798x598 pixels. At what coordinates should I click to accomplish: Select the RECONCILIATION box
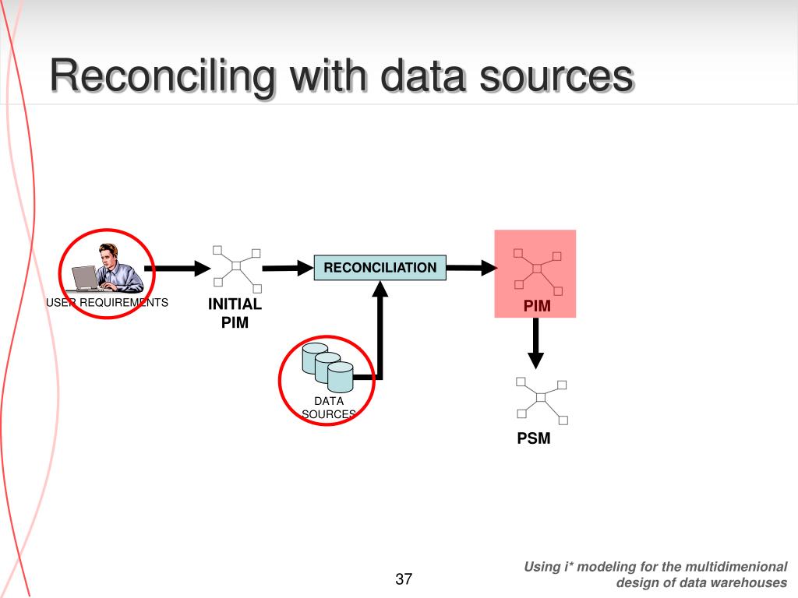[380, 268]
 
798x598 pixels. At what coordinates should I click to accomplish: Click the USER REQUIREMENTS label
[107, 302]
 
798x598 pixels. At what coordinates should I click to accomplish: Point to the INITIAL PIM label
[235, 312]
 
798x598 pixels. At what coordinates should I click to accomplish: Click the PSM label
[534, 438]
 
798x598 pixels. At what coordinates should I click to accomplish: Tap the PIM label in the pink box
[537, 306]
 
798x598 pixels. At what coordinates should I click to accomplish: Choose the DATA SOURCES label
[329, 408]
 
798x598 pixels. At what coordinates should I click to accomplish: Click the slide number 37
[404, 579]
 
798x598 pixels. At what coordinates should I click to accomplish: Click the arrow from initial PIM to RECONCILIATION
[287, 269]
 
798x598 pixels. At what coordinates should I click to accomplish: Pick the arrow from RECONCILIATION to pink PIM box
[471, 268]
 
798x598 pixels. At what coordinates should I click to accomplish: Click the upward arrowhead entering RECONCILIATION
[380, 290]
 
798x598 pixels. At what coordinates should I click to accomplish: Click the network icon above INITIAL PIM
[236, 265]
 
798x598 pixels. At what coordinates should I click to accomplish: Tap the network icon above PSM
[541, 399]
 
